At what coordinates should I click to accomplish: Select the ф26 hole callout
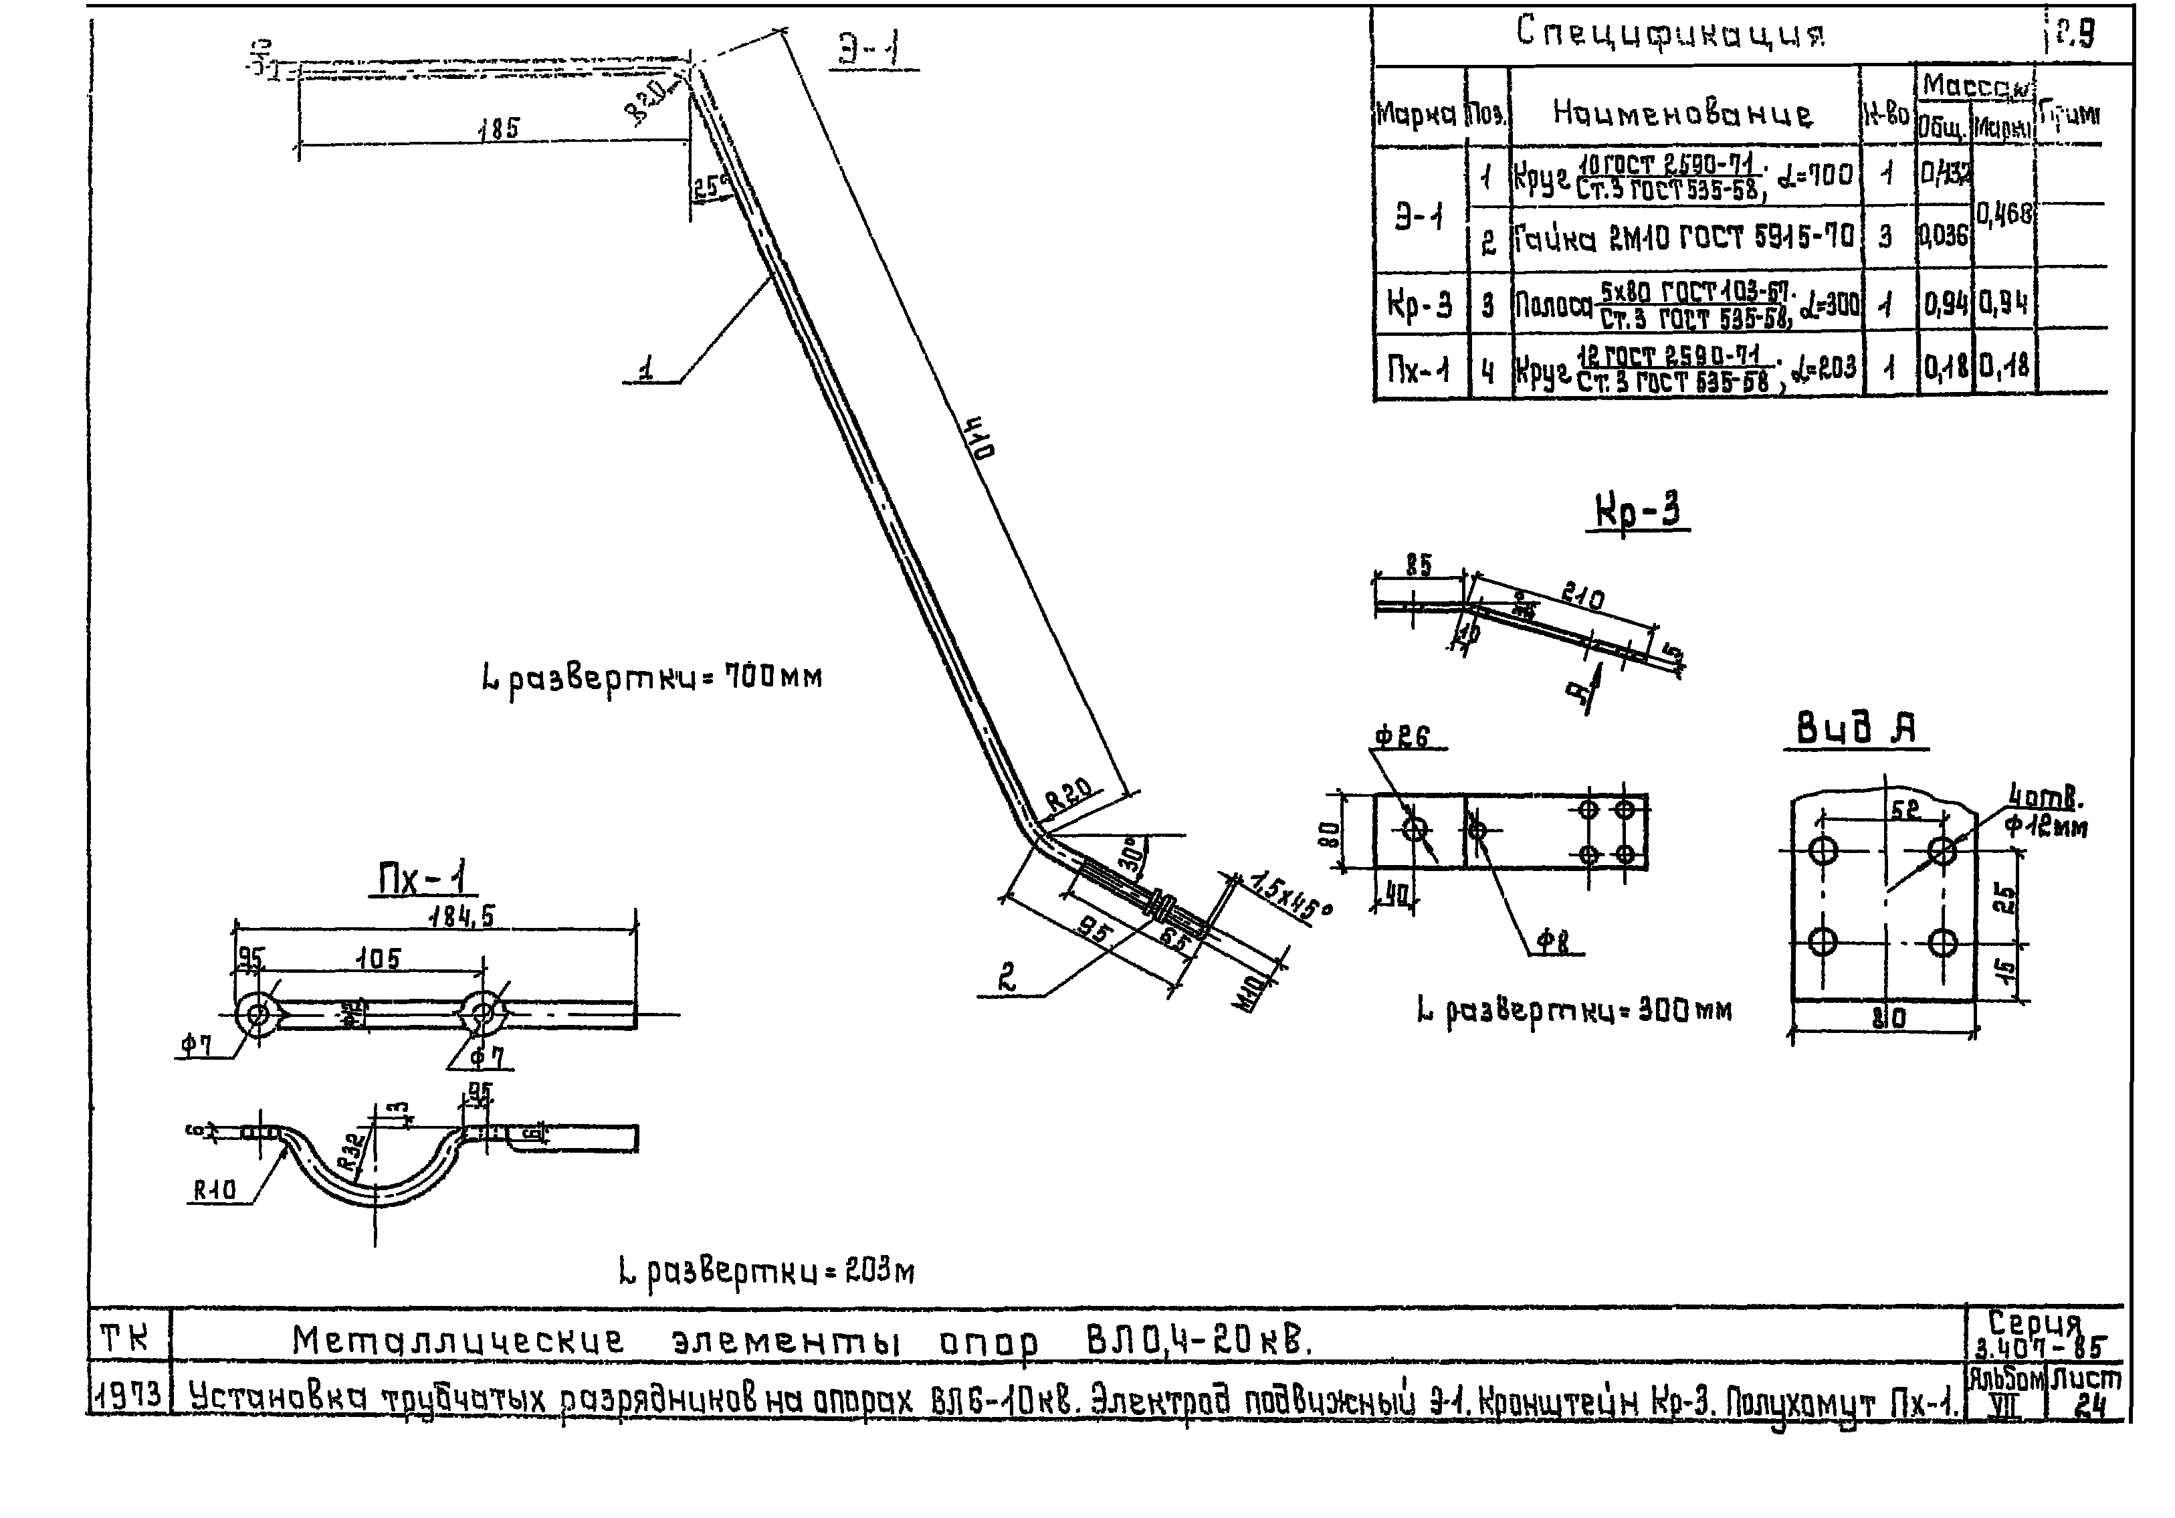[1401, 737]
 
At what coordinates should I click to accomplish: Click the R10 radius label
[214, 1190]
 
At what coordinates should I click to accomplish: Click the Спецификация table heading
[1670, 34]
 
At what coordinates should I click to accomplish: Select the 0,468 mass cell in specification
[2004, 214]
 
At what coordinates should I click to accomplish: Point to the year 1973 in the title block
[130, 1396]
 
